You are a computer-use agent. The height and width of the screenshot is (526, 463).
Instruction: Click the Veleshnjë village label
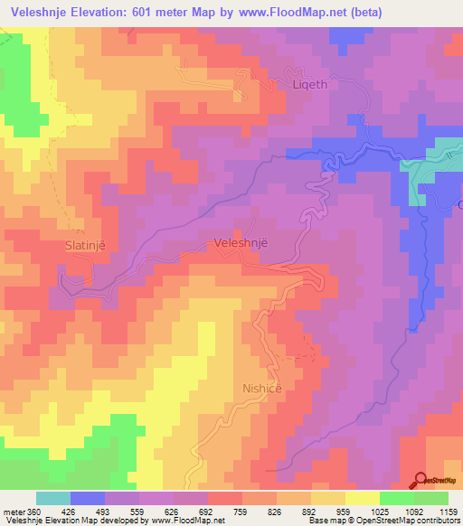pos(242,243)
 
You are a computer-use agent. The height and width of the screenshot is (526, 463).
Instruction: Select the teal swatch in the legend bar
pos(53,498)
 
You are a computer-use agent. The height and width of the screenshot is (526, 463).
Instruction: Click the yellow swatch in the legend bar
pos(362,498)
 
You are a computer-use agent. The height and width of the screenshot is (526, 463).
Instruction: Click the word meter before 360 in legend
pos(14,512)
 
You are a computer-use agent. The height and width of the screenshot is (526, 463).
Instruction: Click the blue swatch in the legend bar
pos(88,498)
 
